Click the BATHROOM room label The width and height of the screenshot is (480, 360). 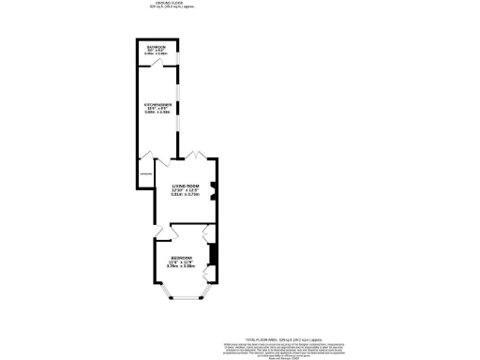click(x=156, y=46)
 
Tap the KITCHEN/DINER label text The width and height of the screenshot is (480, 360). click(x=156, y=105)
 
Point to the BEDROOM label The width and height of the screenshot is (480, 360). click(x=182, y=258)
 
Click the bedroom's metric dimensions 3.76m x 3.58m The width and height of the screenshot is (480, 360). click(x=182, y=267)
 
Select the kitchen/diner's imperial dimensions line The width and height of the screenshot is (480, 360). click(x=156, y=110)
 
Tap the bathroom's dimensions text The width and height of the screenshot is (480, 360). click(x=156, y=52)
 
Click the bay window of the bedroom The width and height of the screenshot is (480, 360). click(x=184, y=298)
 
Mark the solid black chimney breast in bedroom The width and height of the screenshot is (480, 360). click(x=213, y=254)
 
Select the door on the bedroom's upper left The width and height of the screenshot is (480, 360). click(x=160, y=231)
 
